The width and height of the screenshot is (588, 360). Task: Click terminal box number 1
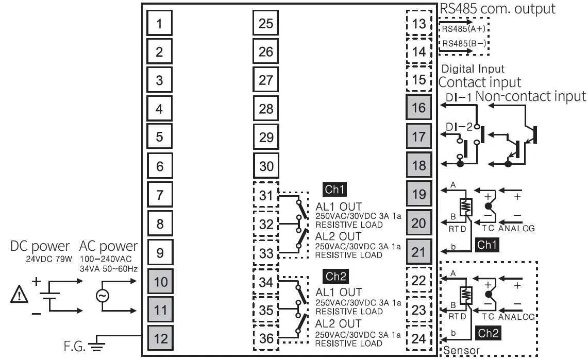(160, 23)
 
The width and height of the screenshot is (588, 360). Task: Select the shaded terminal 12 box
(160, 339)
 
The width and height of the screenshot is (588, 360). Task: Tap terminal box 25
(266, 23)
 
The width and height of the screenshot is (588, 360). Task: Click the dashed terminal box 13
(419, 23)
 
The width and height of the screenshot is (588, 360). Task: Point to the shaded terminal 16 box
(419, 108)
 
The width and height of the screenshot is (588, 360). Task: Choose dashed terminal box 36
(266, 339)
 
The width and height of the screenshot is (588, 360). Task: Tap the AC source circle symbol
(103, 296)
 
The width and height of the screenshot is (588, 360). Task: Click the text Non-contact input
(531, 96)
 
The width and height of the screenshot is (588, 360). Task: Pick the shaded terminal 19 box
(419, 194)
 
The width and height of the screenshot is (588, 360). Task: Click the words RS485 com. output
(497, 9)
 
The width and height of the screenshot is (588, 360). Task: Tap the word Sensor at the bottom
(461, 352)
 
